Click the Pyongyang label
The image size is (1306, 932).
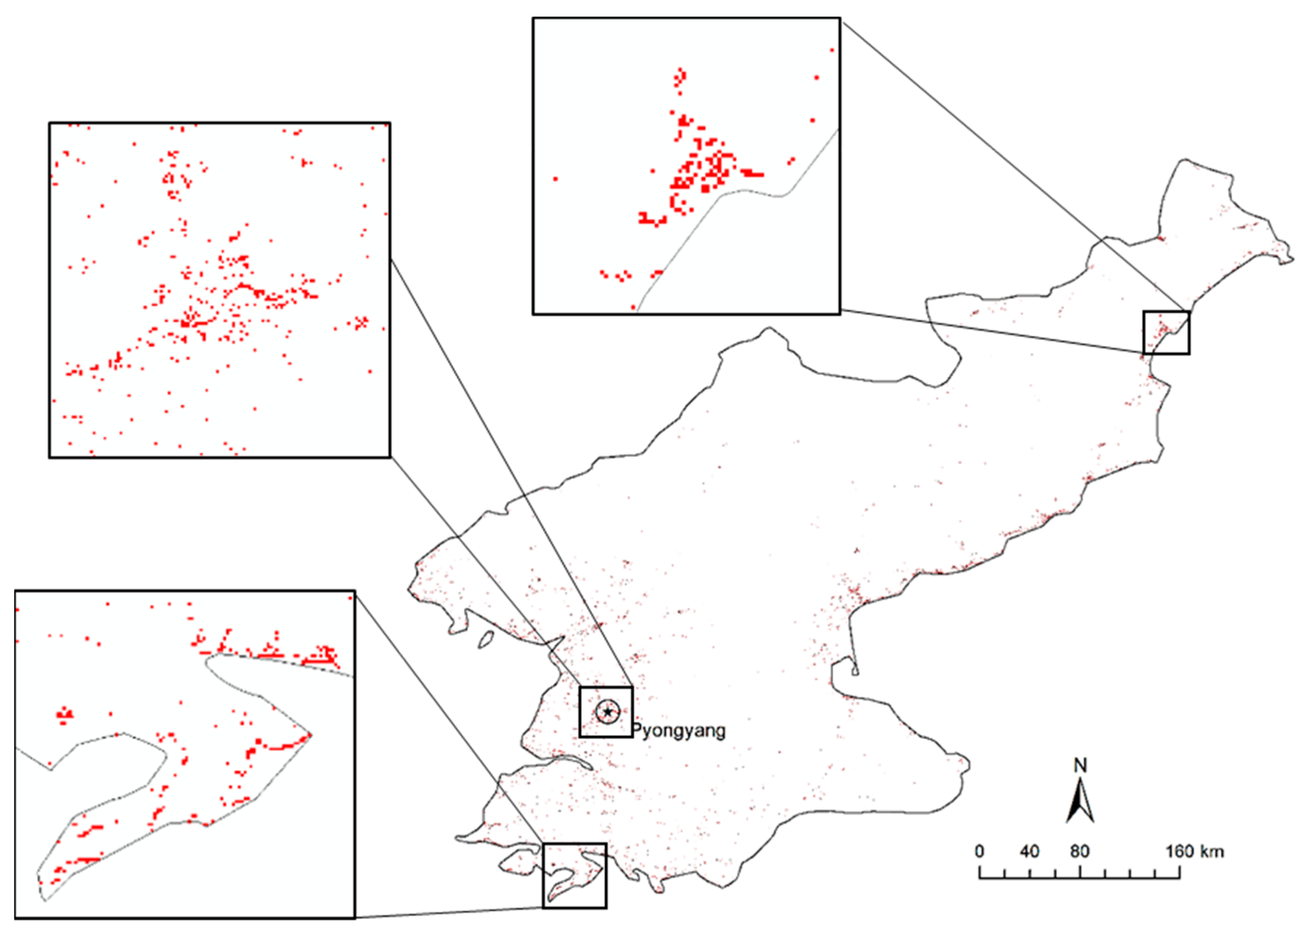[679, 731]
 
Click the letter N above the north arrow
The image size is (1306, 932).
[1080, 765]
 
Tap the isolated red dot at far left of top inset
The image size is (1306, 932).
[555, 179]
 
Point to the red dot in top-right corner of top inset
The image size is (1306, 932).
[832, 50]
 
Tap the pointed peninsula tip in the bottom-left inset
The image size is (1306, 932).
[310, 734]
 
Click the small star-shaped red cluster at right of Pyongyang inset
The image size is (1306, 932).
[361, 323]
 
